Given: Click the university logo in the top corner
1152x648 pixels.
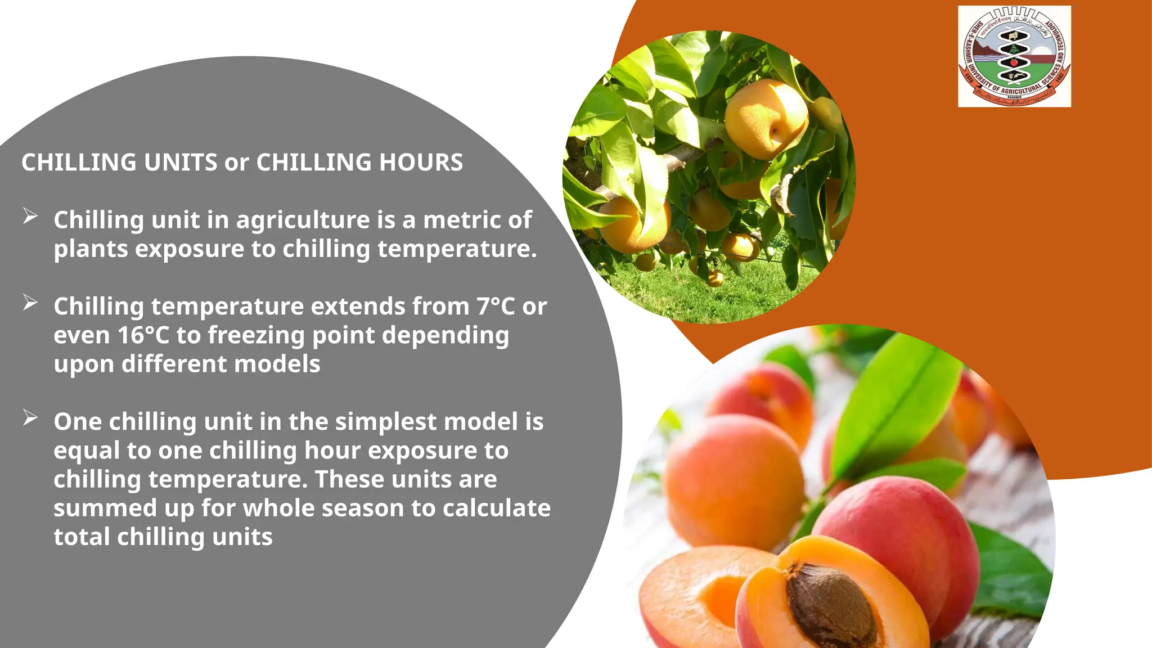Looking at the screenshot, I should click(1014, 56).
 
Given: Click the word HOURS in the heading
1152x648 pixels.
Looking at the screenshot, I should click(421, 163).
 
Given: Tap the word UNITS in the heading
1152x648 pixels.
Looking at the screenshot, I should click(181, 163).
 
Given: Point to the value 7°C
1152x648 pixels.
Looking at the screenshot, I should click(496, 307).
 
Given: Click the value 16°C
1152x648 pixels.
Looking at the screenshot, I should click(143, 335).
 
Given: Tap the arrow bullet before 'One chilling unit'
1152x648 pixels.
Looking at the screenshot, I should click(30, 418).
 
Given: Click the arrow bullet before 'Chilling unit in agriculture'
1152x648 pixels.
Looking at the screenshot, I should click(30, 216).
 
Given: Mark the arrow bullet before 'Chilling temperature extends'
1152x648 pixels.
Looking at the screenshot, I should click(30, 303).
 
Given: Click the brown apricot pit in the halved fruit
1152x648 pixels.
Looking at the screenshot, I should click(830, 605).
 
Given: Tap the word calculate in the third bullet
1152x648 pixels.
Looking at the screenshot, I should click(497, 508).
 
